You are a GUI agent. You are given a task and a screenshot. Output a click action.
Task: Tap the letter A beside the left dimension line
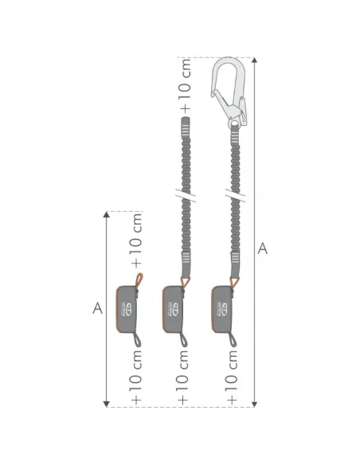click(97, 307)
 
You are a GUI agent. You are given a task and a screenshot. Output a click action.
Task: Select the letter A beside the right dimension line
click(264, 248)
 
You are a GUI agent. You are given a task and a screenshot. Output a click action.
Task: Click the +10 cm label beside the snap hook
click(185, 85)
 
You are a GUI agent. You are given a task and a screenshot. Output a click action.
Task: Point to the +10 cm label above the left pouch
click(136, 240)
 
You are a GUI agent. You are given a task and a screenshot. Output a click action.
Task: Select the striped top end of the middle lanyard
click(185, 127)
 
